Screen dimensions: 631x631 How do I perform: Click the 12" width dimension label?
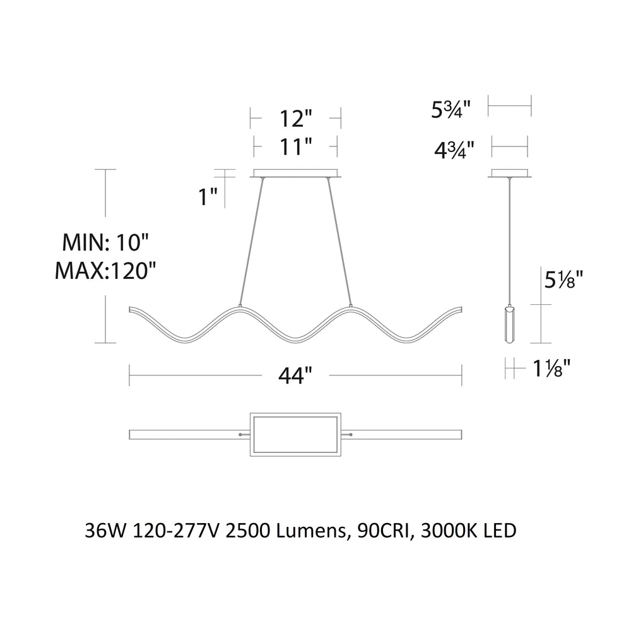pyautogui.click(x=295, y=118)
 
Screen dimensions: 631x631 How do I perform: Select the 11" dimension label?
pyautogui.click(x=295, y=148)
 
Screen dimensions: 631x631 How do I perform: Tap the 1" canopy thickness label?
pyautogui.click(x=208, y=198)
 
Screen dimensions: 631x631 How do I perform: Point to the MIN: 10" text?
pyautogui.click(x=105, y=242)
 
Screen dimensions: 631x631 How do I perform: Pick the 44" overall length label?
pyautogui.click(x=295, y=377)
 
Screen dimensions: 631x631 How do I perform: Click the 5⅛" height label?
pyautogui.click(x=562, y=279)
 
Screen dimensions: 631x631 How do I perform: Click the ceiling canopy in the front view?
pyautogui.click(x=296, y=173)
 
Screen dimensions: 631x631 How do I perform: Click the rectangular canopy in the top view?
pyautogui.click(x=295, y=435)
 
